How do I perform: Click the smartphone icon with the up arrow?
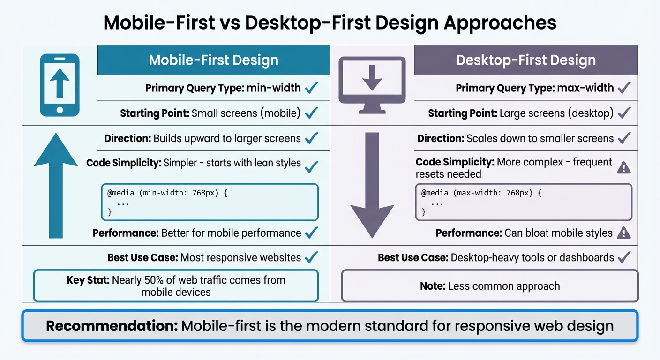(x=60, y=85)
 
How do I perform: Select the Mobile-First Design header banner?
(x=213, y=60)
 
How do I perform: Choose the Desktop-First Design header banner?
(x=525, y=60)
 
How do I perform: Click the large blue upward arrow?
(x=56, y=185)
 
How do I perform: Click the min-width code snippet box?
(x=210, y=202)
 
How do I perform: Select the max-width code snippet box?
(x=524, y=202)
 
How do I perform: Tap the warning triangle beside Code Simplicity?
(x=623, y=167)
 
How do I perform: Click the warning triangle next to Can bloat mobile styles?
(x=623, y=232)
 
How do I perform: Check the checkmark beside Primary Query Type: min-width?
(x=311, y=88)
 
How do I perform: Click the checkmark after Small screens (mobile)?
(x=311, y=113)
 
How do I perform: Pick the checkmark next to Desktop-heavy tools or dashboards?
(x=624, y=257)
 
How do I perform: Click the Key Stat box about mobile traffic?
(x=176, y=286)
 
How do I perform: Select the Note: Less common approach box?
(x=489, y=285)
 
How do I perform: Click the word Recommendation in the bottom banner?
(x=111, y=326)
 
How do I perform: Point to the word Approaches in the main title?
(x=500, y=22)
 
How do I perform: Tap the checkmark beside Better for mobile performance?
(x=311, y=232)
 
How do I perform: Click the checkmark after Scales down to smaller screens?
(x=624, y=138)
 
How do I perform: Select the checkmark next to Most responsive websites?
(x=311, y=257)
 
